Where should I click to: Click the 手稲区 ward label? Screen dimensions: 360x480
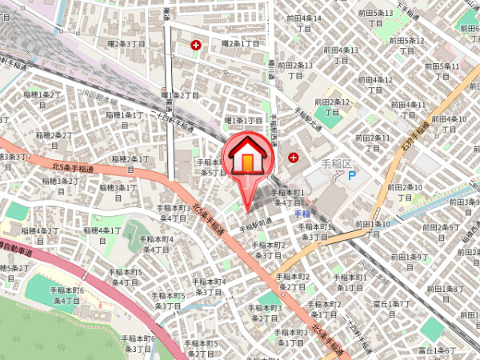click(337, 163)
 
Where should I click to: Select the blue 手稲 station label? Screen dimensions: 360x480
click(302, 214)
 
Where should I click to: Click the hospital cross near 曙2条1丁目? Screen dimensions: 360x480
click(196, 45)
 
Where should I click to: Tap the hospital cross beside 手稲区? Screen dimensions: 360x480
click(293, 156)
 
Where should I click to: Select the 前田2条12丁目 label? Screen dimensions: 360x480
click(332, 106)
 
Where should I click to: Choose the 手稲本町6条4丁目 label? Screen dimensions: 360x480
click(68, 295)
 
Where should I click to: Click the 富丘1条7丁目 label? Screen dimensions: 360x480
click(392, 308)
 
